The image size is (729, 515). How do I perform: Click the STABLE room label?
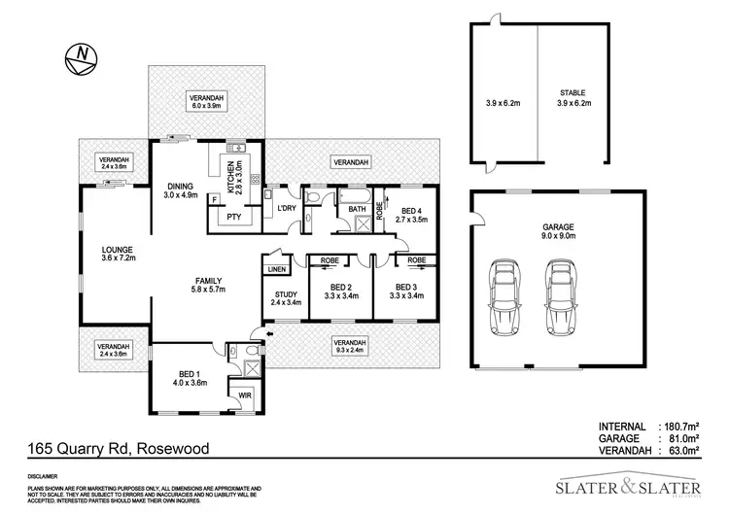pyautogui.click(x=571, y=95)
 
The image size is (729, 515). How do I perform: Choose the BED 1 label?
pyautogui.click(x=191, y=376)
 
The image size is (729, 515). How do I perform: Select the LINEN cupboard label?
pyautogui.click(x=277, y=268)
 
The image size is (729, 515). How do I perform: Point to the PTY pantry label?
pyautogui.click(x=233, y=218)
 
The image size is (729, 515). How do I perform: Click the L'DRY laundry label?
pyautogui.click(x=286, y=209)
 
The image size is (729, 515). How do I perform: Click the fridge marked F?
pyautogui.click(x=214, y=199)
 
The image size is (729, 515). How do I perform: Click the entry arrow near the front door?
pyautogui.click(x=269, y=336)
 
